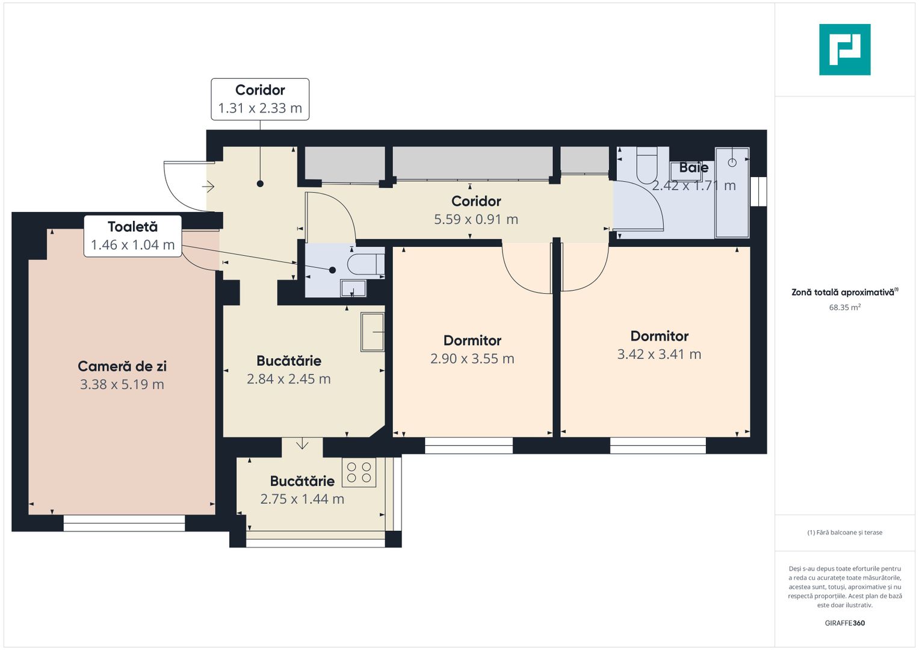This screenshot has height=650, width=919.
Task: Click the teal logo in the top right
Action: (844, 49)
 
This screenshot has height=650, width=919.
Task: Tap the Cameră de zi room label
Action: (122, 366)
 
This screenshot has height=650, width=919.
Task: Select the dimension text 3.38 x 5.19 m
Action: (122, 385)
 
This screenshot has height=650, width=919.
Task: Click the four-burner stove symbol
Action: (359, 472)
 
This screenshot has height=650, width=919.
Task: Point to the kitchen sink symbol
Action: (372, 332)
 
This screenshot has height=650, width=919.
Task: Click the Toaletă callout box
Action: (132, 236)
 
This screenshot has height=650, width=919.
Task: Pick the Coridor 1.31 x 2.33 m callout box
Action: (260, 99)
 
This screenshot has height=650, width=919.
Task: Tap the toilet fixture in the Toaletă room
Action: (365, 264)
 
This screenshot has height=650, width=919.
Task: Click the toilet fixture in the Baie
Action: (647, 165)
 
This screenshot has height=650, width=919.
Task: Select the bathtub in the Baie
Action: (732, 193)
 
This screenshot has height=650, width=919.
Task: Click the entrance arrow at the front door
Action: (208, 187)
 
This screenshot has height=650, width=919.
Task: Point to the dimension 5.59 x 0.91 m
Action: (476, 220)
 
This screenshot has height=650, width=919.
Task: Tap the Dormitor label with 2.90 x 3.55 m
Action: (472, 341)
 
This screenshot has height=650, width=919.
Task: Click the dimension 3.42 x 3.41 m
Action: (659, 354)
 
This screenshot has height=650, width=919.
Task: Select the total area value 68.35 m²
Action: (844, 308)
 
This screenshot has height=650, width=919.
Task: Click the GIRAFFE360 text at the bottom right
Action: (844, 623)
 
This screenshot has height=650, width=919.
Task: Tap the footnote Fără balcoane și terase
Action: (844, 533)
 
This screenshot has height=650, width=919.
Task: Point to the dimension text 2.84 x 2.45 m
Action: (289, 379)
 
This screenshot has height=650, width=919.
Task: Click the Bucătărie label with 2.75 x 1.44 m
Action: (302, 481)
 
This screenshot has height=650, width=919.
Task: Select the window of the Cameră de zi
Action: (124, 523)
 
